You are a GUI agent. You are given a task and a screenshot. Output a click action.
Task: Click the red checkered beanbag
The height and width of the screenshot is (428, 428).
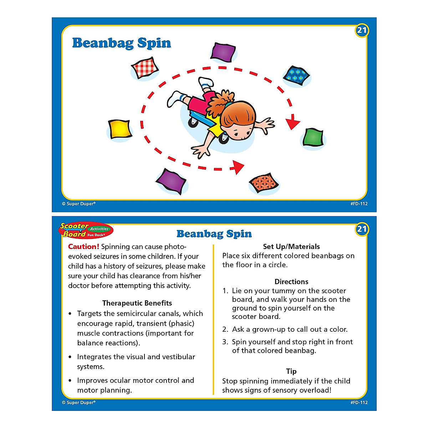[x=145, y=67]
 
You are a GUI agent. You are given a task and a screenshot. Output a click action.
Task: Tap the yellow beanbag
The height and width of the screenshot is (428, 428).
[x=120, y=129]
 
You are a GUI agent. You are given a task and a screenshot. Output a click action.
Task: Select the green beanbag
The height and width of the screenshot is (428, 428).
[x=314, y=137]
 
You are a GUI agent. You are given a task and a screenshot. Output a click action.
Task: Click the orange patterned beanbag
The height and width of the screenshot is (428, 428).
[x=264, y=183]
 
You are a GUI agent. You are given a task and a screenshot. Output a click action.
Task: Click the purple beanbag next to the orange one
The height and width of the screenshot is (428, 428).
[x=172, y=180]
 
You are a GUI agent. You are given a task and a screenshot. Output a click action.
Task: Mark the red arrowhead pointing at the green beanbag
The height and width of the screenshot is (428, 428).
[x=293, y=123]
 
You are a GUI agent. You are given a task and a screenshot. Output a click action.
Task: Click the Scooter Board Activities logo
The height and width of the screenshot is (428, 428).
[x=86, y=230]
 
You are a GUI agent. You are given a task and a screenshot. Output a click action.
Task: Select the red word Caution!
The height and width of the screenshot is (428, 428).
[x=83, y=246]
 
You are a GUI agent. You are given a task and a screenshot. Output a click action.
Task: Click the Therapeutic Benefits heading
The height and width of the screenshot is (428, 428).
[x=137, y=303]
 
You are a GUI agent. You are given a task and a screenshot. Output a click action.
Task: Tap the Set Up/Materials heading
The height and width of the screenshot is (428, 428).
[x=291, y=246]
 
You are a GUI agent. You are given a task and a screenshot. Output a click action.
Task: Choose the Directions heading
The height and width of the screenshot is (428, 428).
[x=291, y=281]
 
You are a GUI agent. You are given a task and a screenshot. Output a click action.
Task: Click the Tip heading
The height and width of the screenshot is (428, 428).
[x=291, y=371]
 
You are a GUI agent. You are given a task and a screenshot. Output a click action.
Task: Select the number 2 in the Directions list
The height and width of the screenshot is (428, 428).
[x=225, y=329]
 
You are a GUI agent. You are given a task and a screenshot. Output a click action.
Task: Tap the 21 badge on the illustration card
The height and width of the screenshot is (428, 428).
[x=362, y=30]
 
